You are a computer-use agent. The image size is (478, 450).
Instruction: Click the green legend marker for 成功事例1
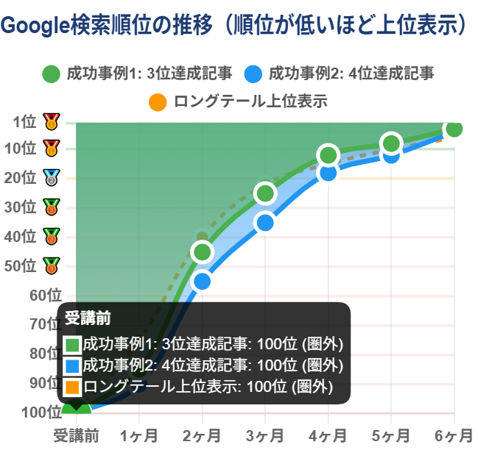[51, 74]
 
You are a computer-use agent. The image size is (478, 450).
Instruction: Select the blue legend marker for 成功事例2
[253, 74]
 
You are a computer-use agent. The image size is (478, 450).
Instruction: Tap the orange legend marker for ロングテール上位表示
[157, 101]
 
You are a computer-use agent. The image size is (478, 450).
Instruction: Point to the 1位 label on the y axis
[24, 121]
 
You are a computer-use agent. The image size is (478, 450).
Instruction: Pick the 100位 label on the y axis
[18, 413]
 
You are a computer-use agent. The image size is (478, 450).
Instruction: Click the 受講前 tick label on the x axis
[76, 435]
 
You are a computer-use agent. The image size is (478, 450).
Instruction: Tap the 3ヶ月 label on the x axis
[265, 435]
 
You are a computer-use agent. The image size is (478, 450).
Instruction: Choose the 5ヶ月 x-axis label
[391, 435]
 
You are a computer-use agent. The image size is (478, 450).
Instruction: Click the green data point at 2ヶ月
[203, 252]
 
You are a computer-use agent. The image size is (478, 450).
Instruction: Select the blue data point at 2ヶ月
[203, 281]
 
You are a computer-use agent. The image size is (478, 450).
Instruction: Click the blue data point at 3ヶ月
[265, 223]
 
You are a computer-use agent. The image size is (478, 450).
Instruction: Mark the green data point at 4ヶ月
[328, 155]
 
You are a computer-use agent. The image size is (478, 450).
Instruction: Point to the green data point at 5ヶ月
[391, 143]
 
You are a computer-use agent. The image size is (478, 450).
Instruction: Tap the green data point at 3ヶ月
[265, 193]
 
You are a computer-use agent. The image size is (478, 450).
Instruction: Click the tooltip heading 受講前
[88, 318]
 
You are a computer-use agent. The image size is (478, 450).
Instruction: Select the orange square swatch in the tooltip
[72, 386]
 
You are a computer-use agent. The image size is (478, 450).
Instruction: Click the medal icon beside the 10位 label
[51, 149]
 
